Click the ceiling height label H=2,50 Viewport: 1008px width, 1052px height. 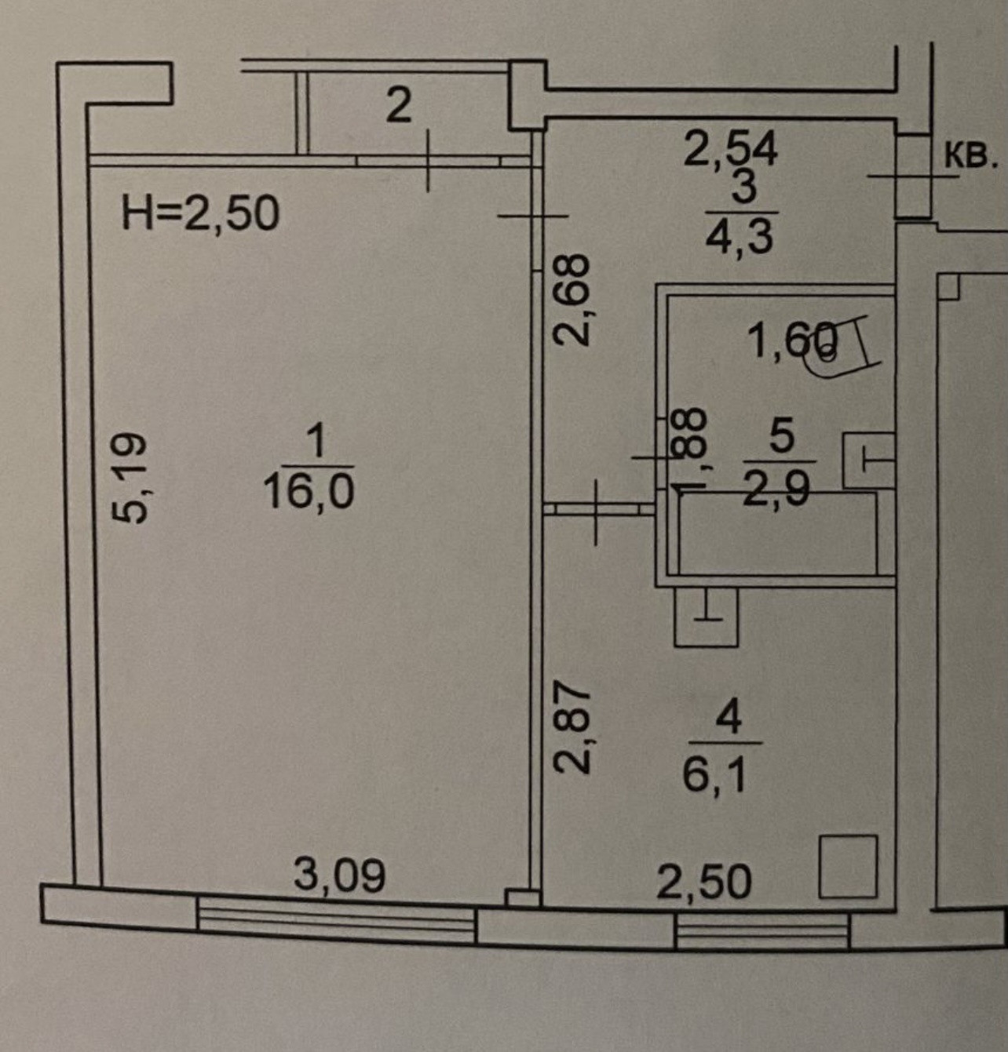(200, 213)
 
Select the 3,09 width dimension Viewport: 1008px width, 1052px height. (339, 875)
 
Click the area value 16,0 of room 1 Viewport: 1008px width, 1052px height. (309, 492)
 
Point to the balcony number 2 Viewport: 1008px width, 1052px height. (399, 105)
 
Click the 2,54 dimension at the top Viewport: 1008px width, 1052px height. (730, 148)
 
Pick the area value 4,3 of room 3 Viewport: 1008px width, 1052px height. (740, 235)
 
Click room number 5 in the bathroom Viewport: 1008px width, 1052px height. (781, 435)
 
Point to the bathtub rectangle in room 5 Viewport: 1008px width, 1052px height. (777, 533)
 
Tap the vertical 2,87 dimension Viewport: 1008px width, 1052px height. (572, 727)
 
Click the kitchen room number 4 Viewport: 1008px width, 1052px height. (729, 716)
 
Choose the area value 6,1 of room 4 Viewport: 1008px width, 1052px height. (714, 775)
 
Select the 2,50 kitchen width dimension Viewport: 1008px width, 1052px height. (703, 883)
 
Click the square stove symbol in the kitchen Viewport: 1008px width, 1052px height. (848, 867)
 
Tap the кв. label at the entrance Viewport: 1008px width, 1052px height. (970, 156)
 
